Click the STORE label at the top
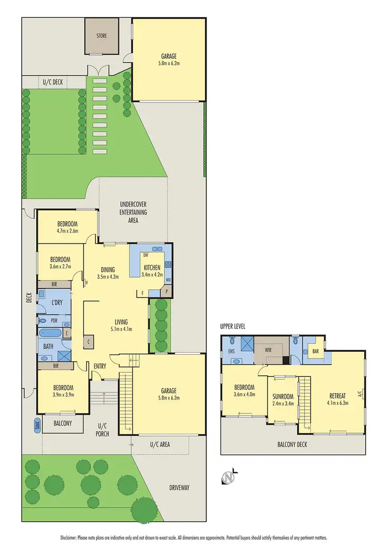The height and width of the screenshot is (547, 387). [101, 37]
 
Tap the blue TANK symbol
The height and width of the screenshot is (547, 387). [37, 424]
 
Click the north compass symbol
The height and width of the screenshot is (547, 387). [228, 478]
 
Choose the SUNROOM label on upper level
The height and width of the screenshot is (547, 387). [283, 397]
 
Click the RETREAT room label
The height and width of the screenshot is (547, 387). [339, 396]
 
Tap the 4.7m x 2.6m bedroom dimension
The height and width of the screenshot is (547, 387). [67, 231]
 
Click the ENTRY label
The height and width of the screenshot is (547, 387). [100, 366]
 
